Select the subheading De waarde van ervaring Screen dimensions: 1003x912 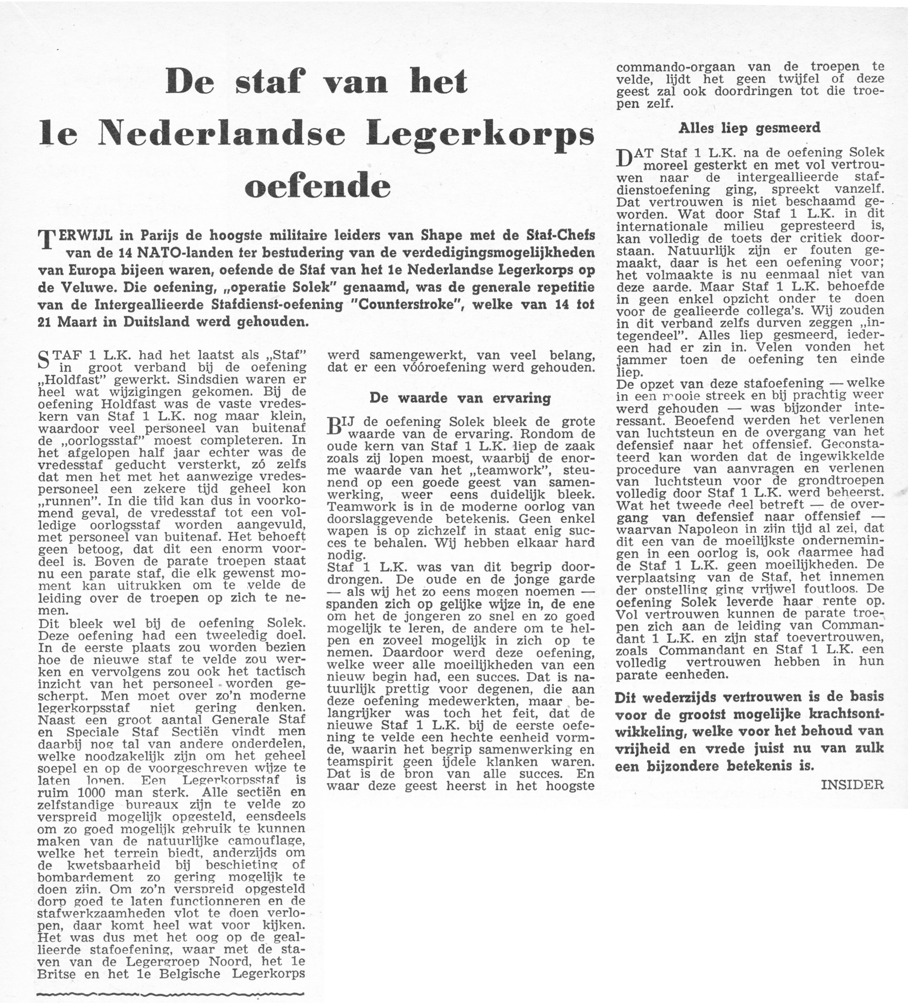coord(460,398)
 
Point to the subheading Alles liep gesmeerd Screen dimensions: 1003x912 coord(750,129)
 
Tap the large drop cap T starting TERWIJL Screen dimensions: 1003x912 coord(46,240)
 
